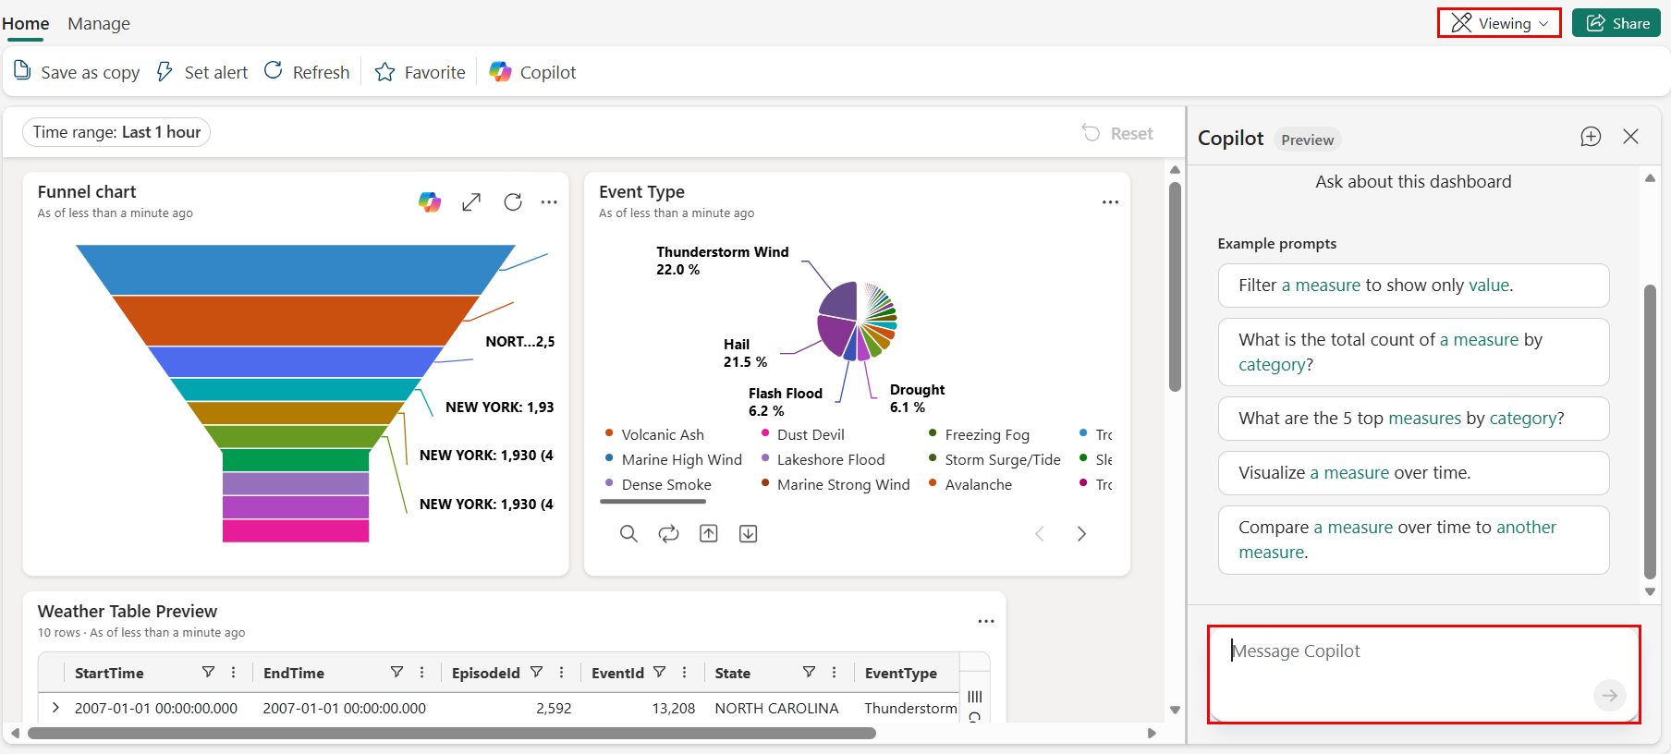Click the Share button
[x=1616, y=23]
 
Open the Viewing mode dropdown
[x=1498, y=23]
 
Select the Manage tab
[x=99, y=23]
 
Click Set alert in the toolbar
[x=202, y=72]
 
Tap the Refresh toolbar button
[x=307, y=72]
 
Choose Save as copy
[x=77, y=72]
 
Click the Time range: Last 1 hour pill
[x=116, y=132]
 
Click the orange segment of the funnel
[x=296, y=320]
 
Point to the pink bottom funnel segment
[x=296, y=530]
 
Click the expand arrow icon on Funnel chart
[x=471, y=201]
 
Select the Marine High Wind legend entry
[x=681, y=459]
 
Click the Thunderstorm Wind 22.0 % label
[x=722, y=261]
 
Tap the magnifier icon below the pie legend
[x=628, y=533]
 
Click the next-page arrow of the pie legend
[x=1081, y=533]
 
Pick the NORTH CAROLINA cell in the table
[x=776, y=708]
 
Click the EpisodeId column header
[x=485, y=673]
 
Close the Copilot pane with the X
[x=1630, y=137]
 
